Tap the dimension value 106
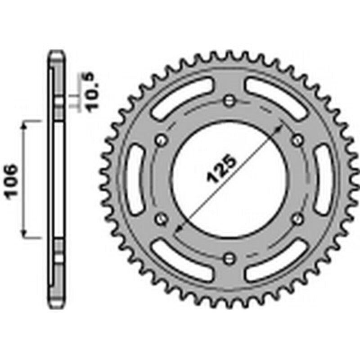(12, 181)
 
